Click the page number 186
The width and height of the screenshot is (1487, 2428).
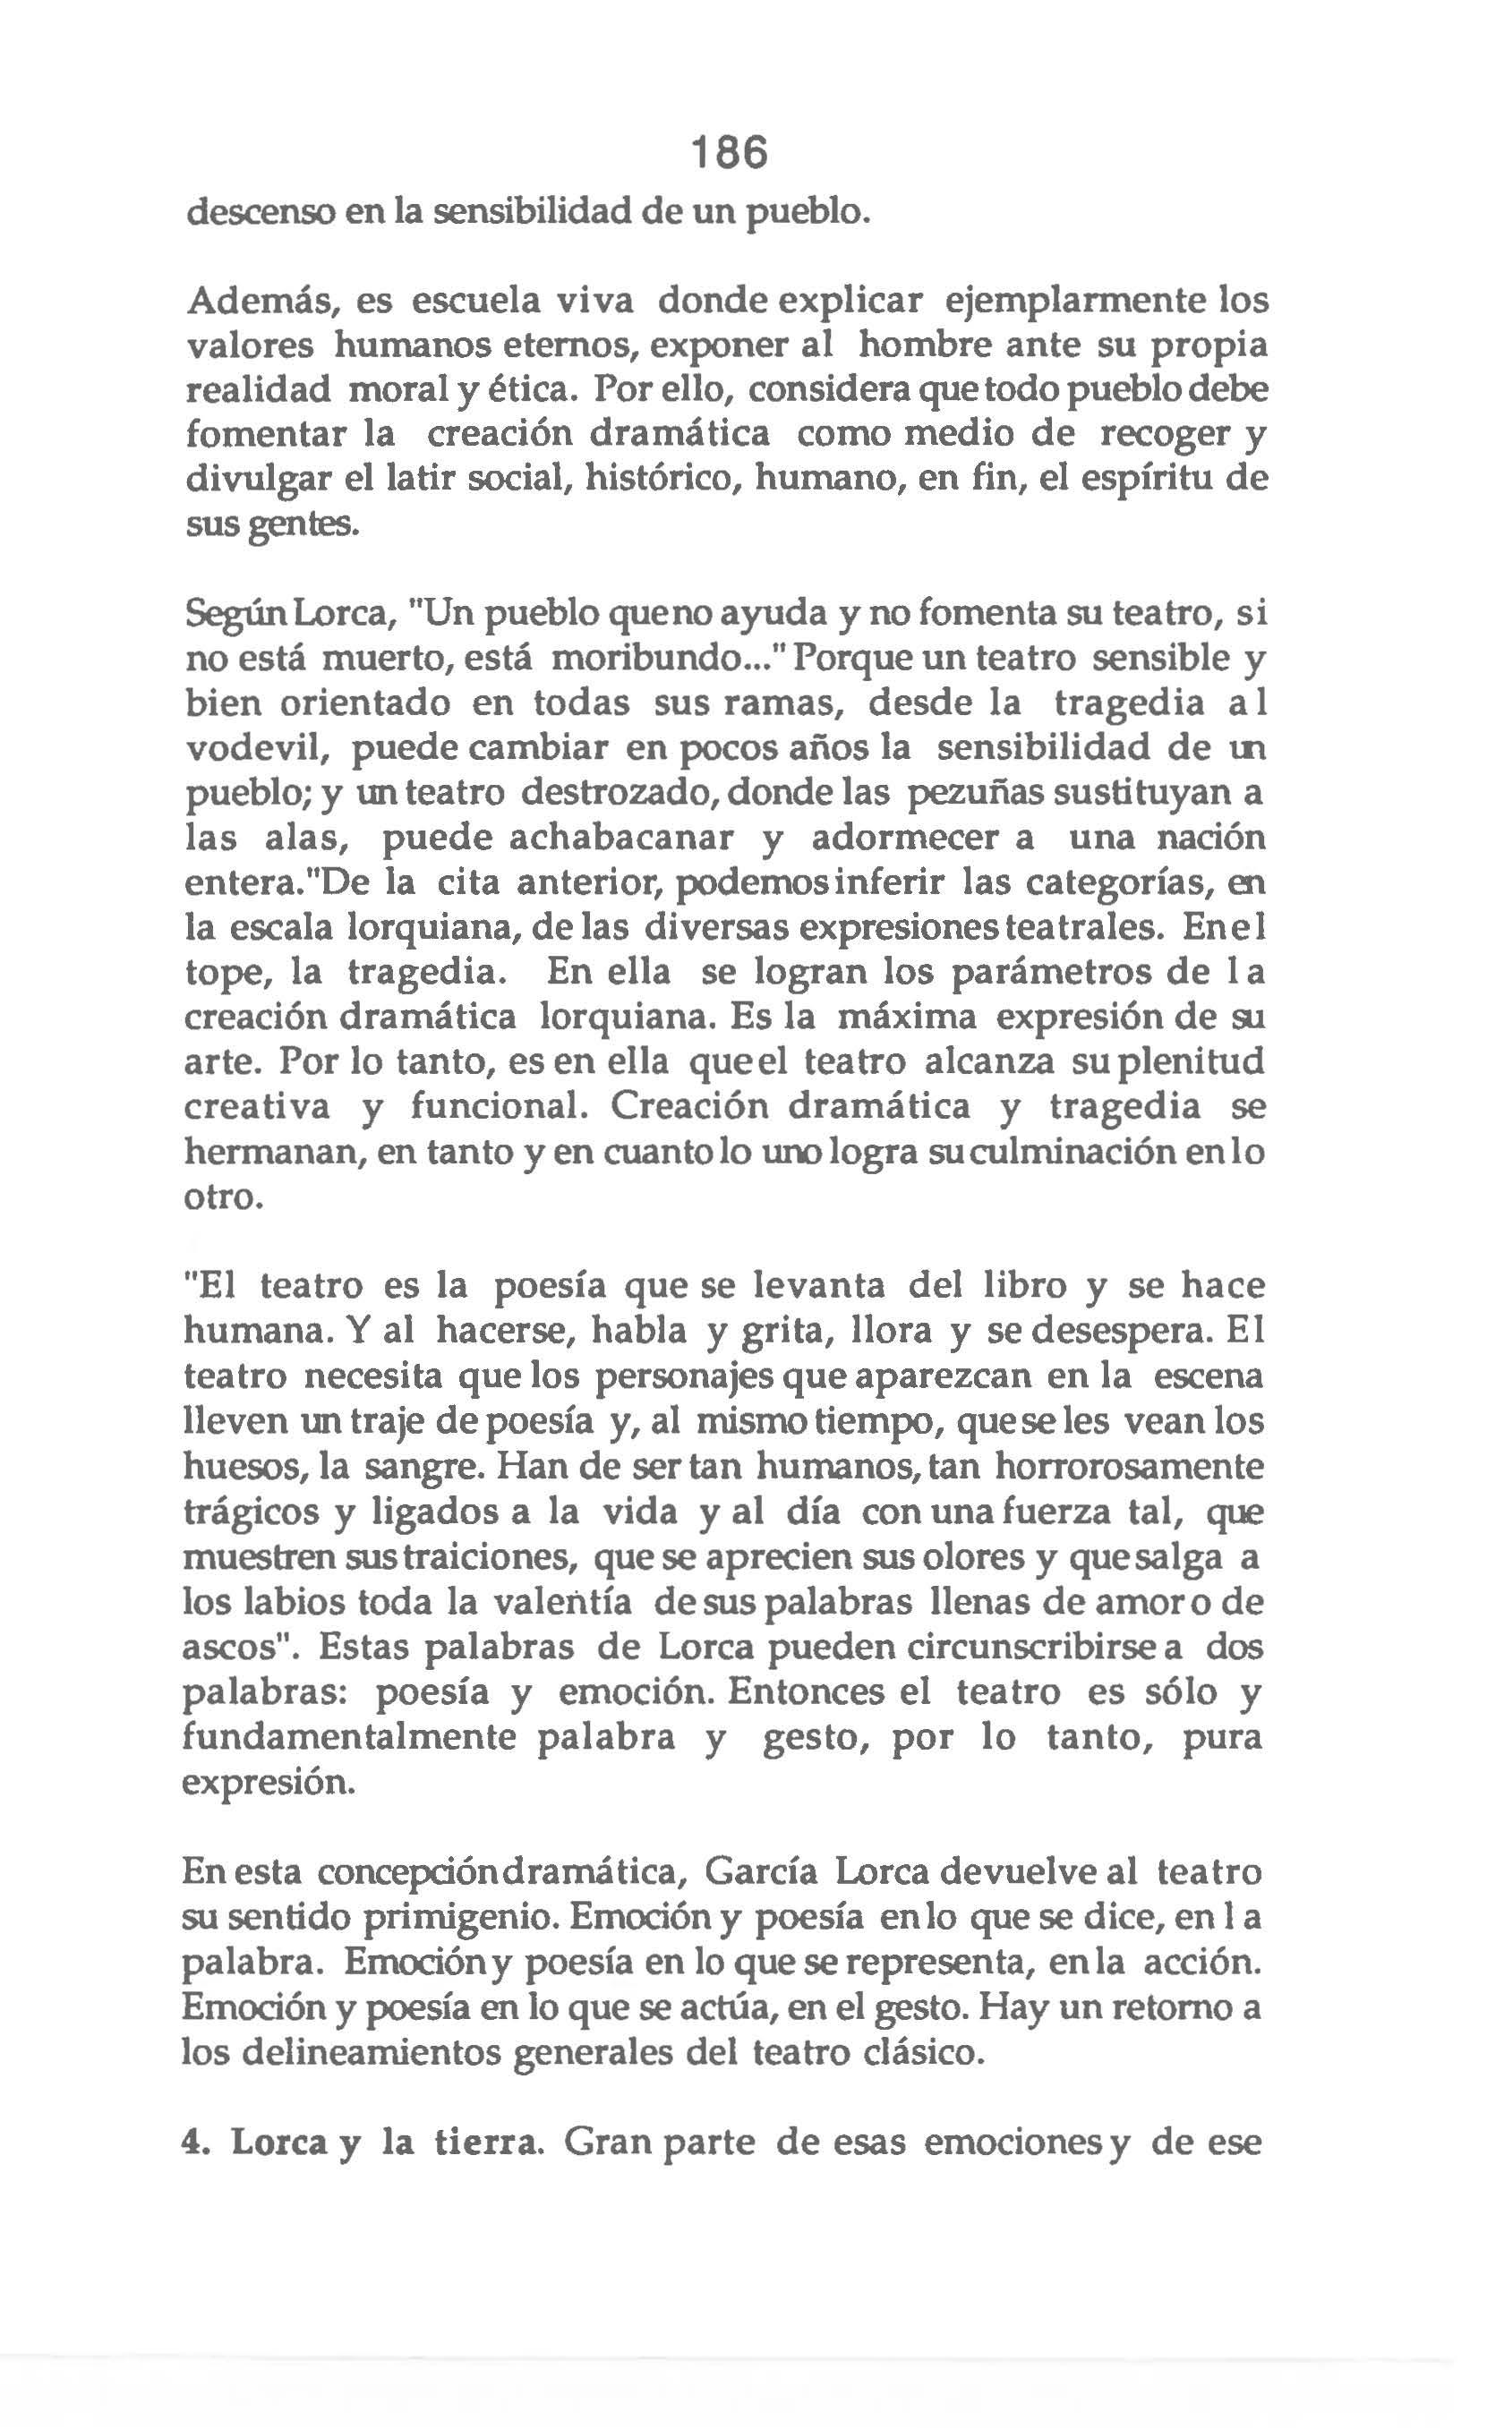pyautogui.click(x=728, y=154)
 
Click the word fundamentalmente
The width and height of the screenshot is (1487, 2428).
pyautogui.click(x=350, y=1737)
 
